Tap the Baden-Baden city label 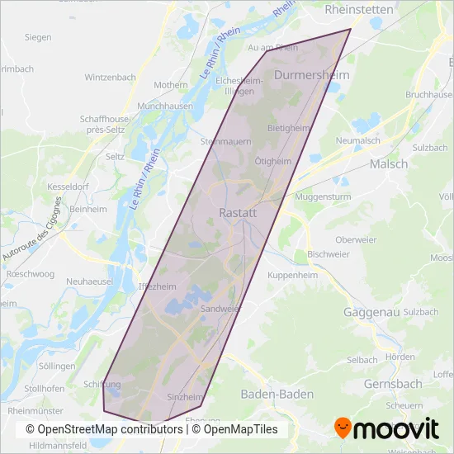277,395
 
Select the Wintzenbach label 110,78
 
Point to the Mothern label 171,85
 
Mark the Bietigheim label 288,128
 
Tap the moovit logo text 397,428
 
